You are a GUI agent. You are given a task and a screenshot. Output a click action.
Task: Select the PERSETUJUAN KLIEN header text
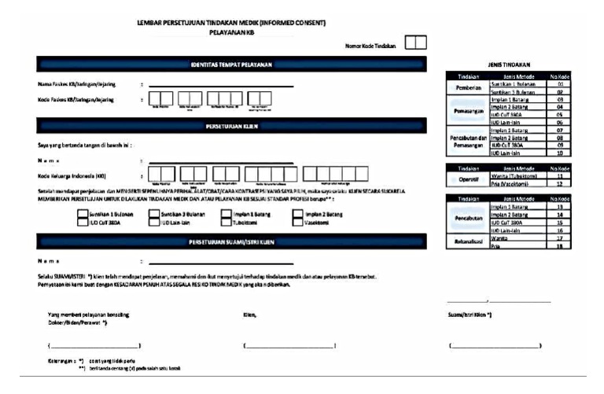pyautogui.click(x=231, y=126)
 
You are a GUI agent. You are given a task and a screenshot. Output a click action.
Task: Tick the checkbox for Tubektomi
pyautogui.click(x=225, y=223)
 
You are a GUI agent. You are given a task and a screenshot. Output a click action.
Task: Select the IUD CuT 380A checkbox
pyautogui.click(x=83, y=223)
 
